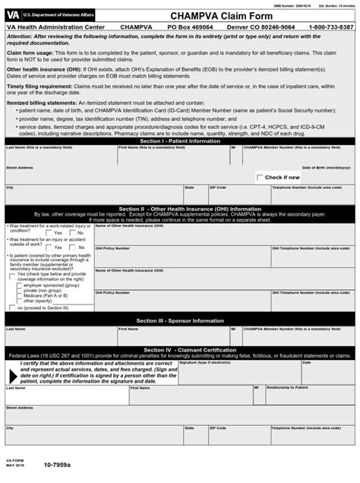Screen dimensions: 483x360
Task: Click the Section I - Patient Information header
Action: (179, 140)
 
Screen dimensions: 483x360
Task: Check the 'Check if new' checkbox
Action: (260, 177)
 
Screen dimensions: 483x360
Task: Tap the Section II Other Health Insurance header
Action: (179, 209)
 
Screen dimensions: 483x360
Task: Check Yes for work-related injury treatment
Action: (49, 233)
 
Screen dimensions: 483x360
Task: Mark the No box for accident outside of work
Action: (72, 248)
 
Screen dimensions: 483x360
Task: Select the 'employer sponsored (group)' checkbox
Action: (19, 286)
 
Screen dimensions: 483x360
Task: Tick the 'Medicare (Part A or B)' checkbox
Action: (19, 295)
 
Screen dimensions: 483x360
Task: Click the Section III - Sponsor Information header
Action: (179, 320)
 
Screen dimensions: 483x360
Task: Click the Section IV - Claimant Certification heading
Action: (179, 349)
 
